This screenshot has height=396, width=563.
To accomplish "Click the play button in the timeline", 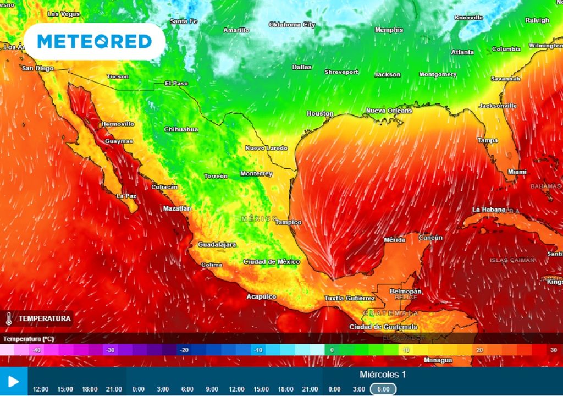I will coord(14,381).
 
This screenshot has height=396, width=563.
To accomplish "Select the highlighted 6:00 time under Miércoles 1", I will coord(383,389).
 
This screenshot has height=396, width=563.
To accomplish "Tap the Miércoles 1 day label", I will coord(383,375).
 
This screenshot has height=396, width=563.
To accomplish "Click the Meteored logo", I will coord(95,41).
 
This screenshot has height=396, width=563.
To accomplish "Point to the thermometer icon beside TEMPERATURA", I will coord(9,318).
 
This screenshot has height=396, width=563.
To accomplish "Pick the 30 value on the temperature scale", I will coord(553,350).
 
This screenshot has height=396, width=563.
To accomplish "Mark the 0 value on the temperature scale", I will coord(332,350).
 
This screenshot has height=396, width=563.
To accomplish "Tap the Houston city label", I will coord(320,114).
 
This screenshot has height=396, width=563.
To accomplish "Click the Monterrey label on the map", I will coord(256,174).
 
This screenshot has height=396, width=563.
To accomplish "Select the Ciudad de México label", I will coord(272,262).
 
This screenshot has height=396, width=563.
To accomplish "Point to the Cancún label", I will coord(430,238).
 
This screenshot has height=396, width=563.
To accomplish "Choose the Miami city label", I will coord(517,172).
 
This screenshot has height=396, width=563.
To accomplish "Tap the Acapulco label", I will coord(261,296).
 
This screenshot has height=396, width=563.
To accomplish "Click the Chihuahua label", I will coord(181,129).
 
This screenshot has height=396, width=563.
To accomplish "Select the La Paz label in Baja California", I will coord(126,196).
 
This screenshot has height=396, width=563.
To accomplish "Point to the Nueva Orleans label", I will coord(389,111).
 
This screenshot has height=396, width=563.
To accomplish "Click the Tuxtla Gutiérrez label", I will coord(350,298).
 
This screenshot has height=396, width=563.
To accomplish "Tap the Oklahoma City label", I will coord(292,25).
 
